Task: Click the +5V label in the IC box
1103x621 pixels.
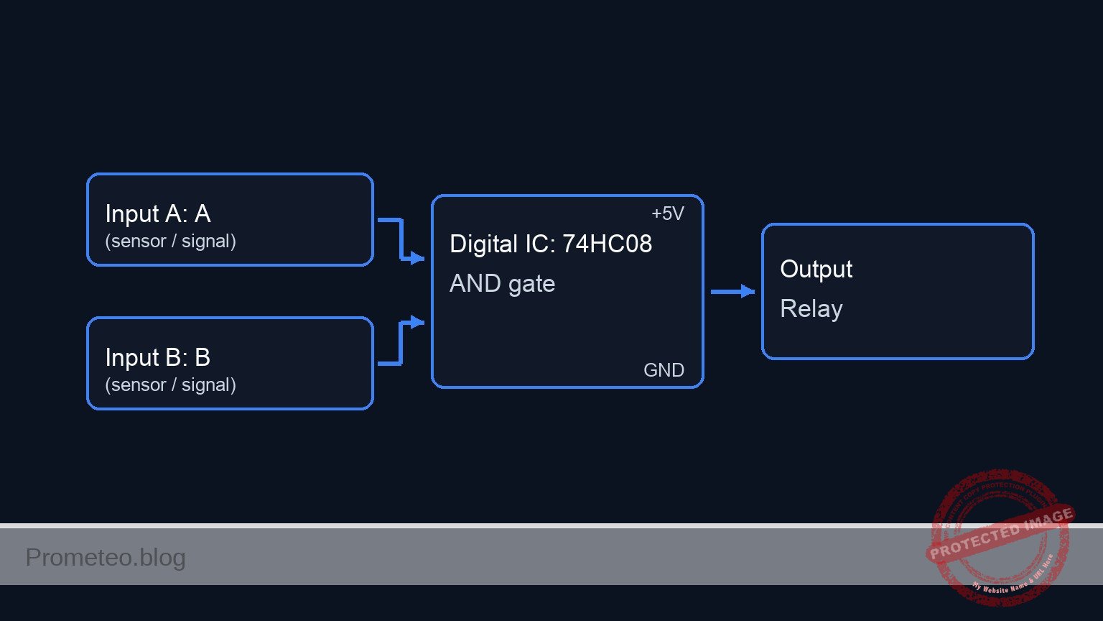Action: click(x=667, y=213)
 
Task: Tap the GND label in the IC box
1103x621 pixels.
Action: click(x=664, y=370)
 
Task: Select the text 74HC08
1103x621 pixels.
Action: click(x=607, y=244)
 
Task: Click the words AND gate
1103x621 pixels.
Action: click(x=502, y=284)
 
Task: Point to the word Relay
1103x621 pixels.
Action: click(x=811, y=309)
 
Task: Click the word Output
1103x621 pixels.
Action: click(x=816, y=269)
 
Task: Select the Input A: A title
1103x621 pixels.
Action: click(x=157, y=213)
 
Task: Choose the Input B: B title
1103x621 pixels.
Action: click(x=157, y=357)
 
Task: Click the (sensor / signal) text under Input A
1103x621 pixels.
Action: click(x=170, y=241)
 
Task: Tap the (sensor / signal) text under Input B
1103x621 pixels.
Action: click(x=170, y=385)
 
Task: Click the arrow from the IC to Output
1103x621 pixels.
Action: click(x=729, y=292)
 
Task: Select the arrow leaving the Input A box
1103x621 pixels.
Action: click(x=400, y=237)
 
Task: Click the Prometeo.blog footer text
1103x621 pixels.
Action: click(x=106, y=557)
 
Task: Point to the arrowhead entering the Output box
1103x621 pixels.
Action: click(x=748, y=292)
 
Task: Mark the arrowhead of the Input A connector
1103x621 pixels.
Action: click(x=418, y=258)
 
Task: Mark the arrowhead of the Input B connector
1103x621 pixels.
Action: click(x=418, y=322)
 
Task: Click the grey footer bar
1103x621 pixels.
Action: click(x=503, y=557)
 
